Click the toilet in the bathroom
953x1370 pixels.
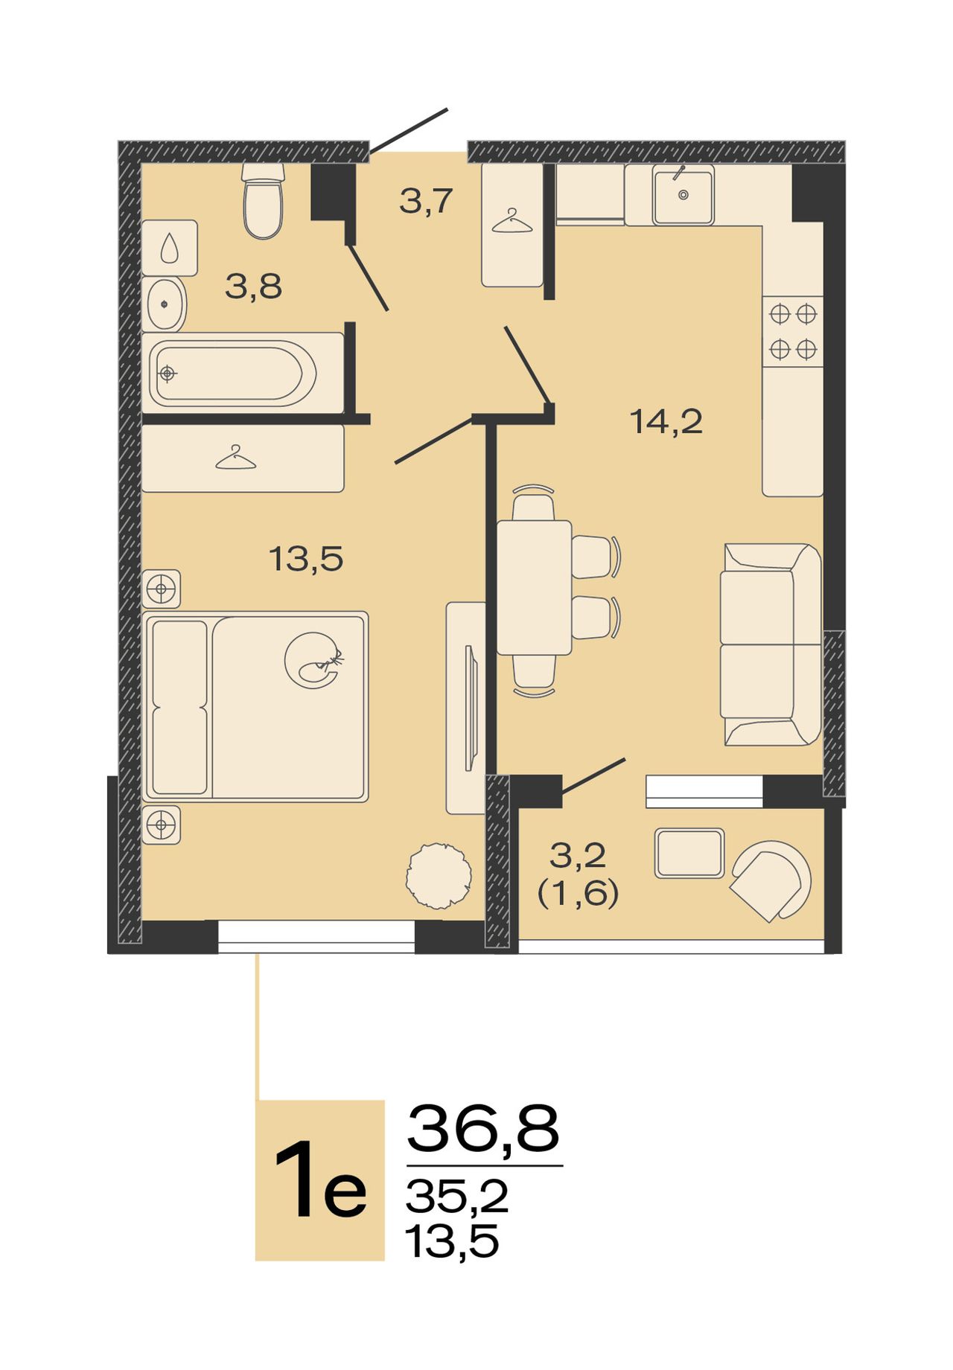point(264,201)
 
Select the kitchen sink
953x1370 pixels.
point(683,195)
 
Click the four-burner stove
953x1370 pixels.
point(793,331)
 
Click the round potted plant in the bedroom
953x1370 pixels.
point(439,876)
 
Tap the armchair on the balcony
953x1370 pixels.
point(771,881)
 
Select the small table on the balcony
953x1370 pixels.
point(689,853)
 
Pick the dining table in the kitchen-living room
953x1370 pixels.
point(534,588)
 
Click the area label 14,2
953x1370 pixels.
point(666,422)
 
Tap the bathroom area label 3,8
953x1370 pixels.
point(254,287)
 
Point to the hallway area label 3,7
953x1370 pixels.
point(426,201)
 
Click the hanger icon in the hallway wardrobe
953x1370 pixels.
point(512,221)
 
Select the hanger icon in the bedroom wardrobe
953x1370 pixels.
point(235,458)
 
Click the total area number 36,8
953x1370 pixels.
point(482,1129)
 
